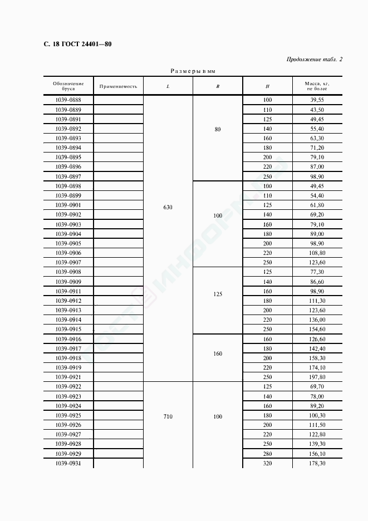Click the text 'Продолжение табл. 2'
tap(315, 59)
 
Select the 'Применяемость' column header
tap(118, 86)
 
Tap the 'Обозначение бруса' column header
tap(68, 86)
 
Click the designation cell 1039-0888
tap(68, 100)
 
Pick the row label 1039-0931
tap(68, 464)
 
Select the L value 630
tap(168, 207)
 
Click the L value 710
tap(168, 416)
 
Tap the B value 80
tap(218, 129)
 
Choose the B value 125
tap(218, 294)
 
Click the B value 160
tap(218, 353)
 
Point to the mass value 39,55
tap(317, 100)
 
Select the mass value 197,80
tap(317, 377)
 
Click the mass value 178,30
tap(317, 464)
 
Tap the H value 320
tap(267, 464)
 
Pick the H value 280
tap(267, 454)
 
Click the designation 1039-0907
tap(68, 262)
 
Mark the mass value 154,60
tap(317, 330)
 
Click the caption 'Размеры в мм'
tap(193, 72)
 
